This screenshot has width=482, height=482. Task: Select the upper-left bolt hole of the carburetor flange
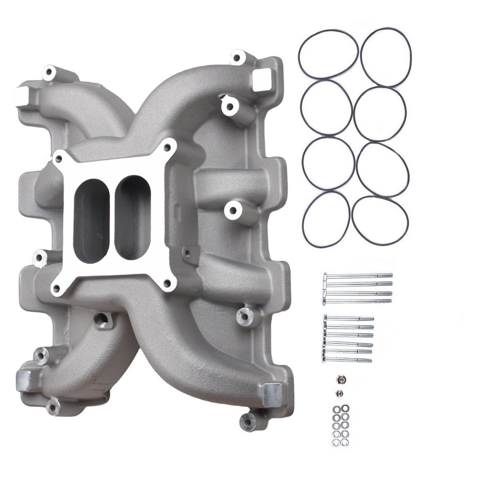pyautogui.click(x=59, y=159)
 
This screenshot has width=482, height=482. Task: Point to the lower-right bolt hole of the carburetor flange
pyautogui.click(x=167, y=283)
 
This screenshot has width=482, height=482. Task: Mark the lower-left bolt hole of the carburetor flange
pyautogui.click(x=56, y=288)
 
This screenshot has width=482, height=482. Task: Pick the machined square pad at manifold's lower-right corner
pyautogui.click(x=272, y=395)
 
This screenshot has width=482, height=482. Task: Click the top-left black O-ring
pyautogui.click(x=328, y=54)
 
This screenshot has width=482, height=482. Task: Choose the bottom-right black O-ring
pyautogui.click(x=380, y=220)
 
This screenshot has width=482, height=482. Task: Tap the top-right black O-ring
pyautogui.click(x=386, y=57)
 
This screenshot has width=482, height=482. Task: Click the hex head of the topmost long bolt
pyautogui.click(x=325, y=276)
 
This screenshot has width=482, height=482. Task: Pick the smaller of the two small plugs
pyautogui.click(x=340, y=393)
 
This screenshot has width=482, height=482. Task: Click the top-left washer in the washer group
pyautogui.click(x=336, y=408)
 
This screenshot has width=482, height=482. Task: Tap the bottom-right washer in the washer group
pyautogui.click(x=345, y=442)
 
